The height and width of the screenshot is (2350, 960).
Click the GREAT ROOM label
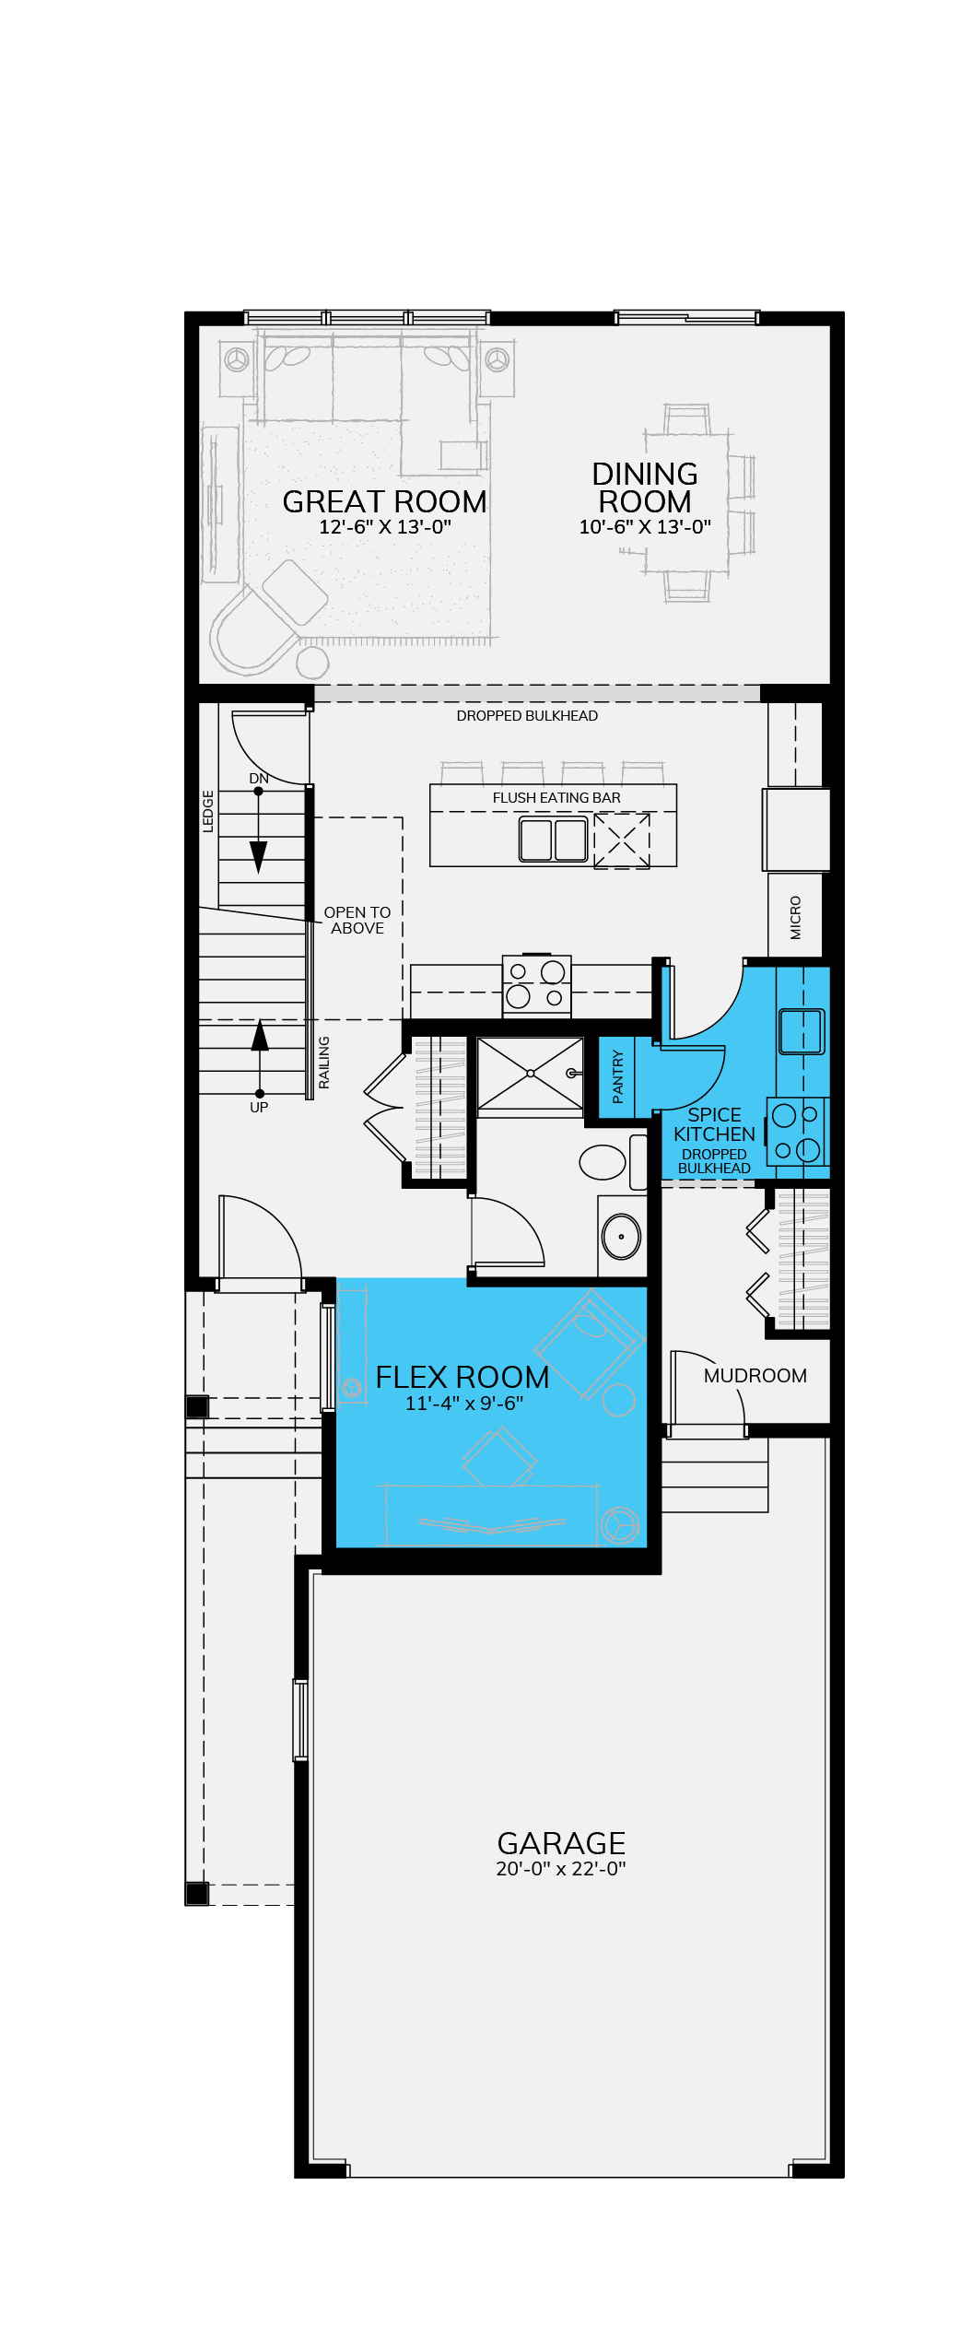[x=384, y=501]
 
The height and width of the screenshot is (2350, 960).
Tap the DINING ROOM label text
[x=645, y=488]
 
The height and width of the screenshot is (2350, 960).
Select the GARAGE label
[x=561, y=1843]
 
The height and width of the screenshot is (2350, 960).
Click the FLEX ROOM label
[x=462, y=1377]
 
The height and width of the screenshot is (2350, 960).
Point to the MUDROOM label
[x=755, y=1376]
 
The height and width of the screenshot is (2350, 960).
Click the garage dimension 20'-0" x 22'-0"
[x=561, y=1869]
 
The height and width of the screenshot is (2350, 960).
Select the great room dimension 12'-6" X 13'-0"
[x=385, y=527]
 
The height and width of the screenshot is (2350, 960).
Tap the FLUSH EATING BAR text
[x=556, y=798]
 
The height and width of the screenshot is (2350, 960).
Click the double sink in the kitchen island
[x=553, y=839]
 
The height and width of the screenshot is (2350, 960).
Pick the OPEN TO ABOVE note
[x=357, y=920]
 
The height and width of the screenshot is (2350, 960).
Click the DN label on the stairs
[x=259, y=779]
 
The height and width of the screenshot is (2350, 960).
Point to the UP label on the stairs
[x=259, y=1107]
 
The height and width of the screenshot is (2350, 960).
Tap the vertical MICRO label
[x=796, y=917]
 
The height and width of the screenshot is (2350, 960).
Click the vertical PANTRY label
[x=617, y=1076]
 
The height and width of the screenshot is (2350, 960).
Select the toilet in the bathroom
[x=613, y=1162]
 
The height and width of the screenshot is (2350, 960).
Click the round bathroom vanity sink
[x=621, y=1236]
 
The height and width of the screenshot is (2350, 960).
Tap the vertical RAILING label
[x=323, y=1063]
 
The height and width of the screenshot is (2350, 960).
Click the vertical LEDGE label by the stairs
[x=208, y=811]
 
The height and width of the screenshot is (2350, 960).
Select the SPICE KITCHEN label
[x=714, y=1124]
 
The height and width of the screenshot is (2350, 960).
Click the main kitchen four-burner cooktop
[x=536, y=984]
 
